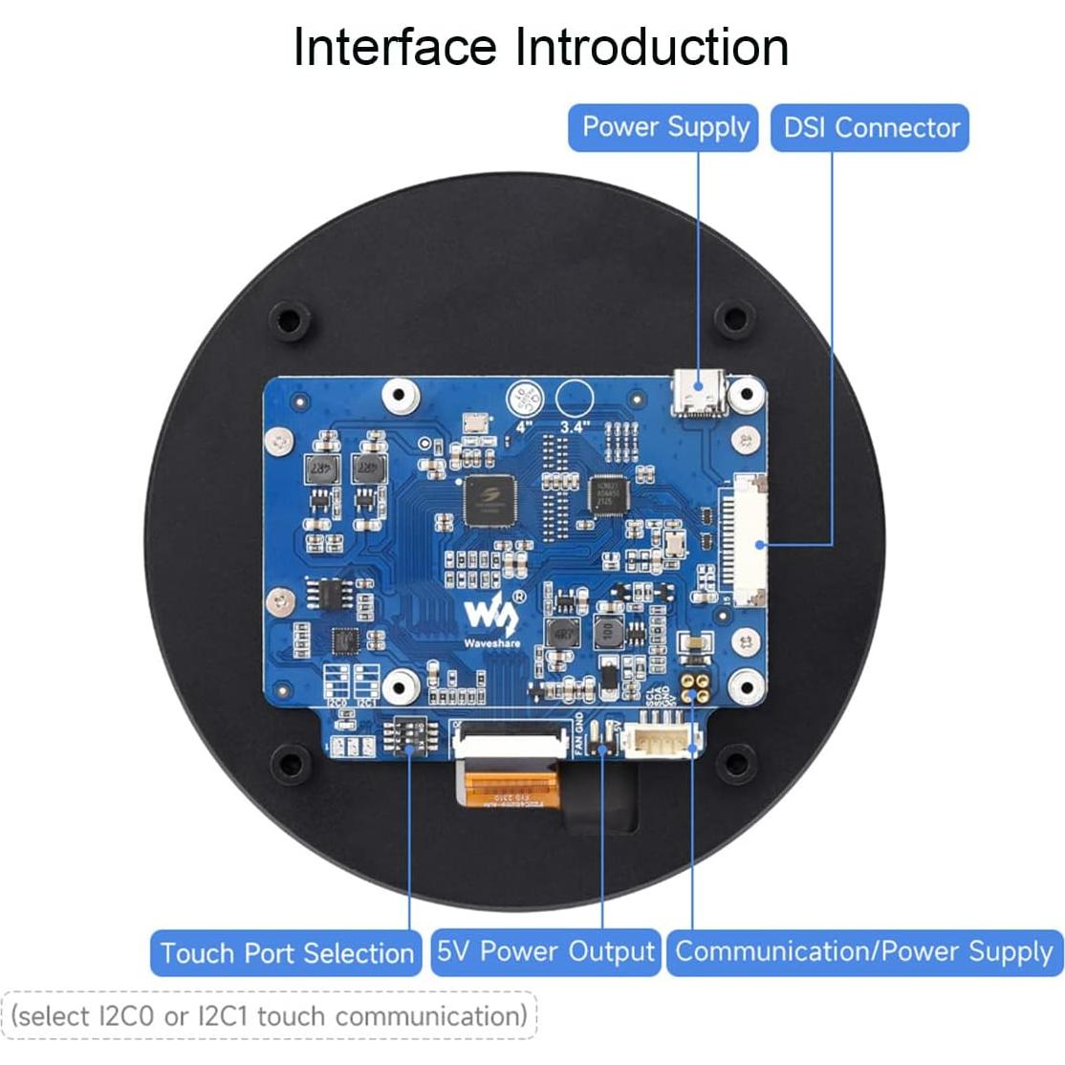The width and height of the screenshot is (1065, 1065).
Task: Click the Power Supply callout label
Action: click(x=664, y=127)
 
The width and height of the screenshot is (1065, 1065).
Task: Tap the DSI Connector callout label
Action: click(x=870, y=127)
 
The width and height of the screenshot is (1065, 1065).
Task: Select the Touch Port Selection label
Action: click(x=286, y=953)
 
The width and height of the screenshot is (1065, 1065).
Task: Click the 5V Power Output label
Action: click(x=545, y=951)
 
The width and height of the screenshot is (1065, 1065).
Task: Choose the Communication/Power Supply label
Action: click(x=863, y=951)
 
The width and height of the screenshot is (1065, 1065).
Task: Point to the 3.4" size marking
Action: click(x=574, y=427)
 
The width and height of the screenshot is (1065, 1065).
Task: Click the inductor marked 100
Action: click(x=604, y=631)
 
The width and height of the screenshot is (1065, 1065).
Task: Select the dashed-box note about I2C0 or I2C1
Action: click(x=270, y=1015)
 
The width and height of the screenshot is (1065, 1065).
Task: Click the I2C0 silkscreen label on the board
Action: click(x=337, y=703)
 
